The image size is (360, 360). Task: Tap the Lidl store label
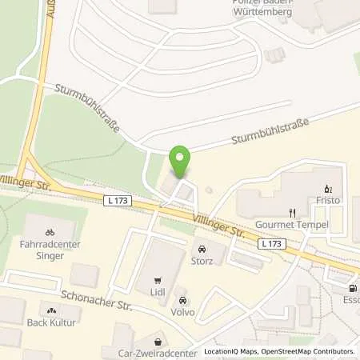[x=158, y=292]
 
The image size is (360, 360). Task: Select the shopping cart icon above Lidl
[x=158, y=280]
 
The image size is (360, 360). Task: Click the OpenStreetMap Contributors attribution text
[x=304, y=351]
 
